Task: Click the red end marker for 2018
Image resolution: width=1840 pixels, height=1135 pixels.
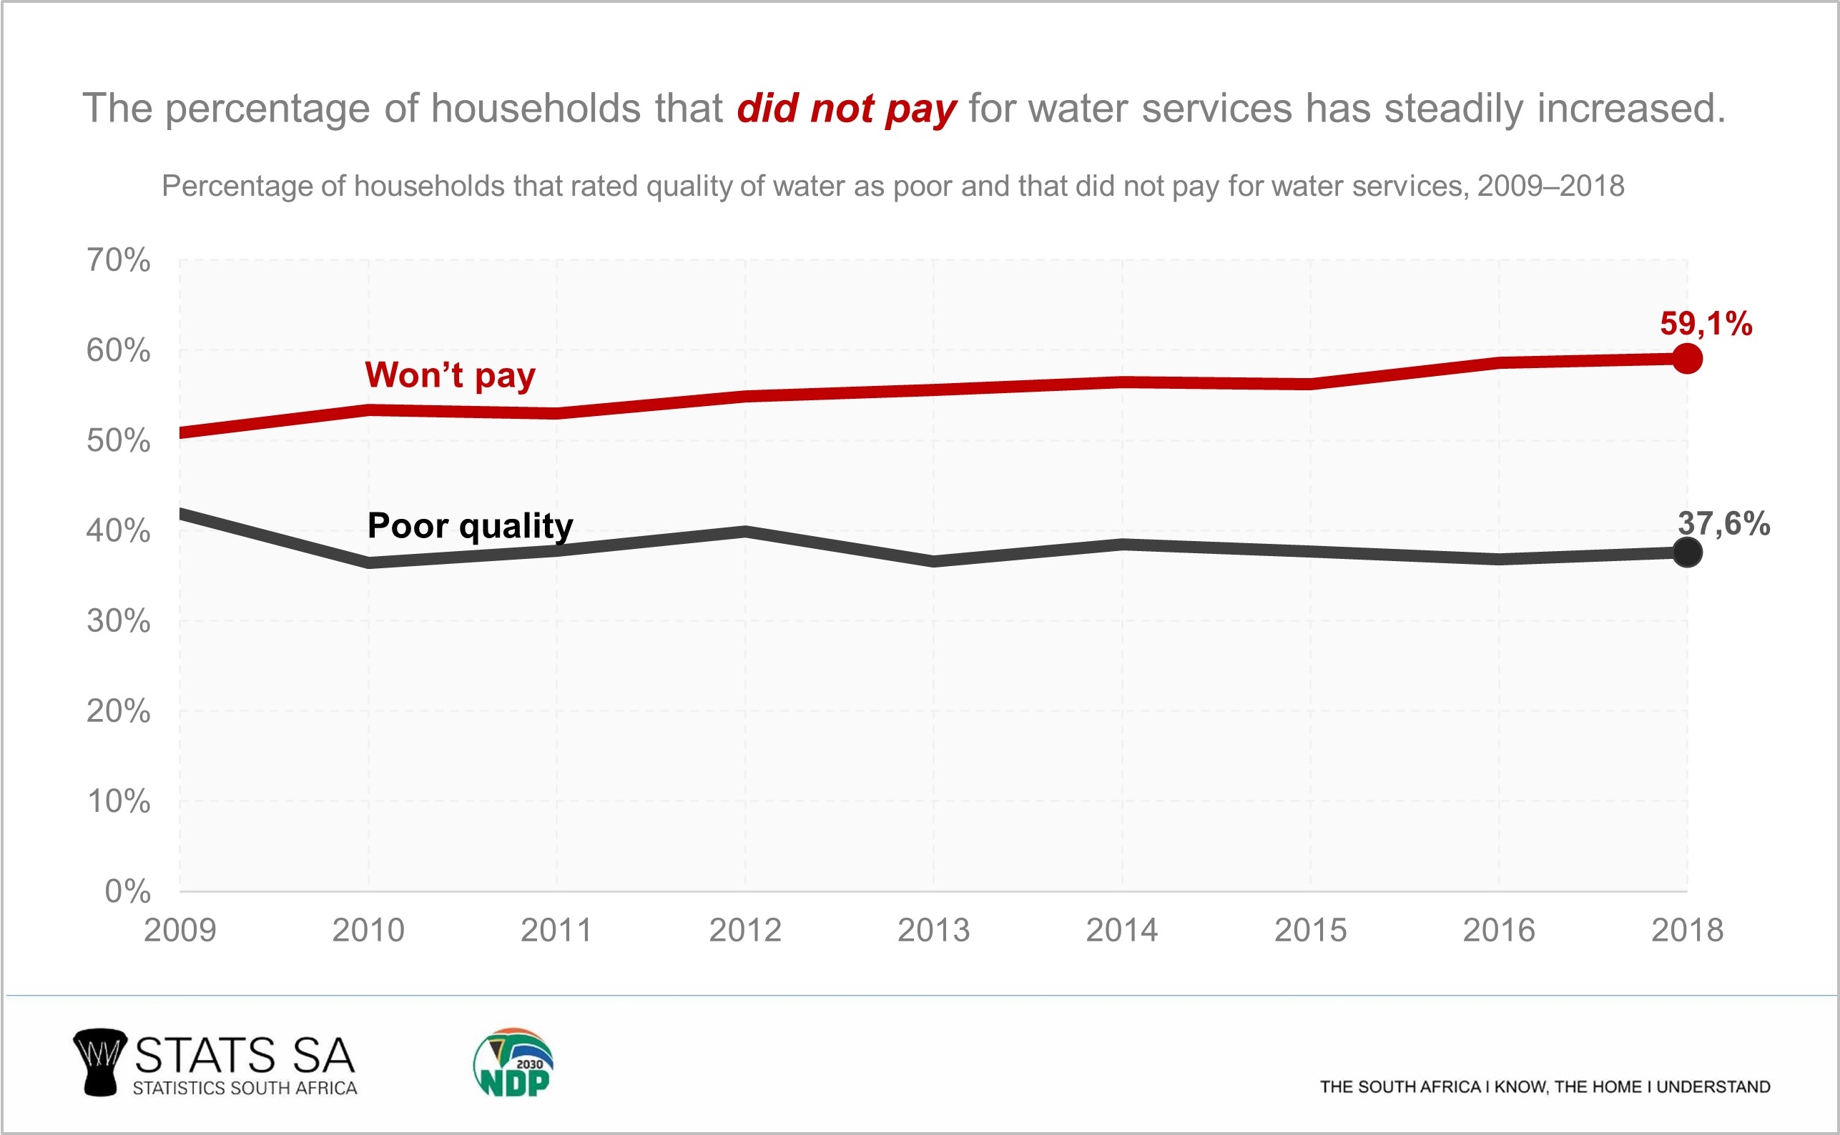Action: [1687, 359]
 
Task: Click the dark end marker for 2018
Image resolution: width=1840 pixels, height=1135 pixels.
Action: [1687, 553]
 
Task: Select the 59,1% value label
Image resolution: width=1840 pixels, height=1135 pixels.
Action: [1706, 324]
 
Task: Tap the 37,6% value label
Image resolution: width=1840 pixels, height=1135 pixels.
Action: [1723, 523]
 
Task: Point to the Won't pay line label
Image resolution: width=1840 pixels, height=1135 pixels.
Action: [450, 375]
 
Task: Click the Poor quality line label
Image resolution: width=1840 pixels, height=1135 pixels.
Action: [470, 525]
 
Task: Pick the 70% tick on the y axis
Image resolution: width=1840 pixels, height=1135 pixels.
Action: [119, 259]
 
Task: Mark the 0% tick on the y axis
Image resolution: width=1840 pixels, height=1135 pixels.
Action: [128, 891]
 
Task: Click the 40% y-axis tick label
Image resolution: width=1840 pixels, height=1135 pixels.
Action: [119, 531]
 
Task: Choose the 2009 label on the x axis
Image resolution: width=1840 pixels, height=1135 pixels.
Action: [179, 930]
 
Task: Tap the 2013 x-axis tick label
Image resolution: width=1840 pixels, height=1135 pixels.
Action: [933, 930]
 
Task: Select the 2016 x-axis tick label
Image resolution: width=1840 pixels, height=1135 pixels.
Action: [1498, 930]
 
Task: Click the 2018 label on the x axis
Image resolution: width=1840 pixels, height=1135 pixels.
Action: [1687, 930]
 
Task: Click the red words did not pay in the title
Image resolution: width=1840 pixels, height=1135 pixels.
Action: [847, 109]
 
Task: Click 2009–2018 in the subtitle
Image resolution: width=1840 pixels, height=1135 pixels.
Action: [1550, 186]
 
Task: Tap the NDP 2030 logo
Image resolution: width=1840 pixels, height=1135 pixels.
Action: [513, 1063]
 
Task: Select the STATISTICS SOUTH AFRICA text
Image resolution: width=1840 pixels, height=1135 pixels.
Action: [245, 1088]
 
